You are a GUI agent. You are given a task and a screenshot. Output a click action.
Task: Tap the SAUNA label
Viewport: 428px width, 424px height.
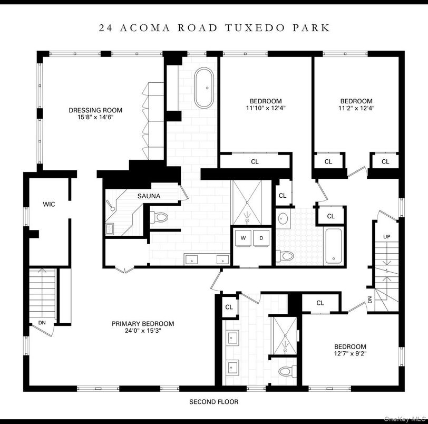[x=149, y=196]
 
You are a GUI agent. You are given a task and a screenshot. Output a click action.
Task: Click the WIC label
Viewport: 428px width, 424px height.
[x=49, y=204]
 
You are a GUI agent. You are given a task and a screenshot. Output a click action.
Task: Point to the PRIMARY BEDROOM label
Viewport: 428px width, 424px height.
[x=142, y=324]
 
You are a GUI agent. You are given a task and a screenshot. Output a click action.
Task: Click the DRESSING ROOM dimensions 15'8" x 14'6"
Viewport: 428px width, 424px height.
[x=95, y=118]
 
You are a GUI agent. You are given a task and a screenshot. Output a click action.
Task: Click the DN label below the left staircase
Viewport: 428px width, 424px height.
[x=42, y=323]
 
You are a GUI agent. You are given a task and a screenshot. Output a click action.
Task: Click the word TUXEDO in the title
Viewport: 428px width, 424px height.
[x=262, y=27]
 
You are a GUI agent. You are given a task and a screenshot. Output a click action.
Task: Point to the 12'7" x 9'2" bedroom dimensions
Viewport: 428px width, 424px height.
[x=350, y=354]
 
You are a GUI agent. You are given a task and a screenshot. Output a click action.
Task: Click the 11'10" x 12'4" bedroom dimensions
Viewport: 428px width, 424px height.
[x=265, y=108]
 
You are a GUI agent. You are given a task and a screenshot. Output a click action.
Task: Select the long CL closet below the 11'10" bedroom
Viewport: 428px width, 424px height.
[x=255, y=162]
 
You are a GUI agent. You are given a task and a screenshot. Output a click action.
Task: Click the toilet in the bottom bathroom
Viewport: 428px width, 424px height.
[x=285, y=372]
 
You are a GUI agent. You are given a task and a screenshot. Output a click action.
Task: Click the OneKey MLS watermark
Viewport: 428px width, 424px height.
[x=405, y=419]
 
